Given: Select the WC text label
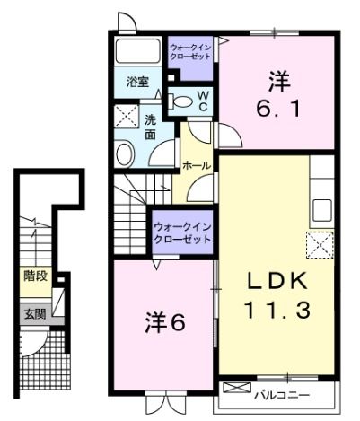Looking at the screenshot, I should (x=203, y=100).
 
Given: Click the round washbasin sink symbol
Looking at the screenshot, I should (x=124, y=153).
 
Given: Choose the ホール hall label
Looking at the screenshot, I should (x=196, y=166).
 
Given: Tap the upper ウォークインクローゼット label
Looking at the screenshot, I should (x=190, y=49).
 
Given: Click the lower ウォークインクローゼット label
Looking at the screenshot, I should (x=182, y=233).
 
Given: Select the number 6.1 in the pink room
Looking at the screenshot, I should (x=277, y=108).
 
